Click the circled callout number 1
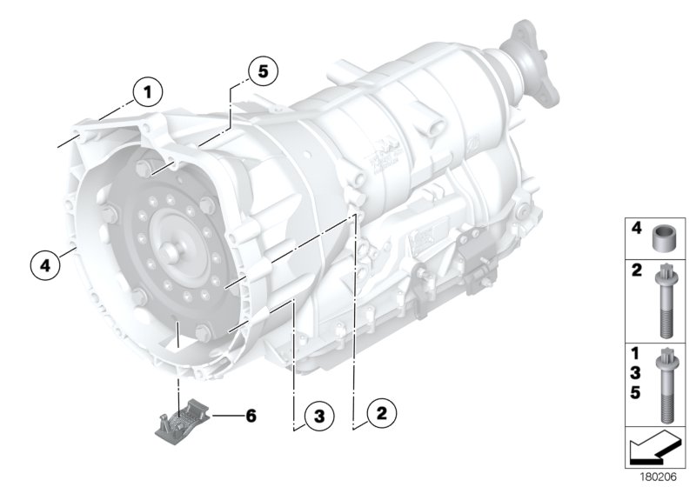click(149, 90)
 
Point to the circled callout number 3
click(318, 417)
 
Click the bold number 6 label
click(251, 416)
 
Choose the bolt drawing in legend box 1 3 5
click(666, 383)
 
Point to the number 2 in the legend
click(637, 272)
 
